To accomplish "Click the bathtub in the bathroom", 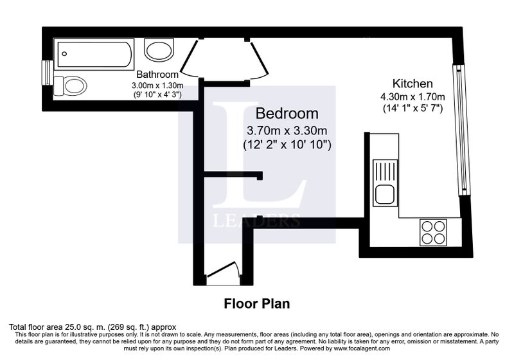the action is pyautogui.click(x=94, y=54).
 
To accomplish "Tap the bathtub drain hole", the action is pyautogui.click(x=65, y=54).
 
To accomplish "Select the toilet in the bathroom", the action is pyautogui.click(x=70, y=86).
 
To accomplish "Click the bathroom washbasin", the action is pyautogui.click(x=159, y=50).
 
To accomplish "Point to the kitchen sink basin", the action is pyautogui.click(x=385, y=194).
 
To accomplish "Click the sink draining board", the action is pyautogui.click(x=385, y=172).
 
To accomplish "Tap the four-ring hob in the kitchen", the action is pyautogui.click(x=433, y=232).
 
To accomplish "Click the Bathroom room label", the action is pyautogui.click(x=157, y=74).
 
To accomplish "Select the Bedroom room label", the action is pyautogui.click(x=287, y=113).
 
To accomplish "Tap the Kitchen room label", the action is pyautogui.click(x=412, y=84).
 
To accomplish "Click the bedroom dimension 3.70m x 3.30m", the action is pyautogui.click(x=287, y=130).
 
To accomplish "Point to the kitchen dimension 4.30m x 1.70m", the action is pyautogui.click(x=412, y=96).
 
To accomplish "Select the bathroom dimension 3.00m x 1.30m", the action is pyautogui.click(x=157, y=85).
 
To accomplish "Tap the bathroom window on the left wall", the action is pyautogui.click(x=48, y=73).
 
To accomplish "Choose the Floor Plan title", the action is pyautogui.click(x=256, y=303).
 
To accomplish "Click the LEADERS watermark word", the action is pyautogui.click(x=256, y=221).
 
